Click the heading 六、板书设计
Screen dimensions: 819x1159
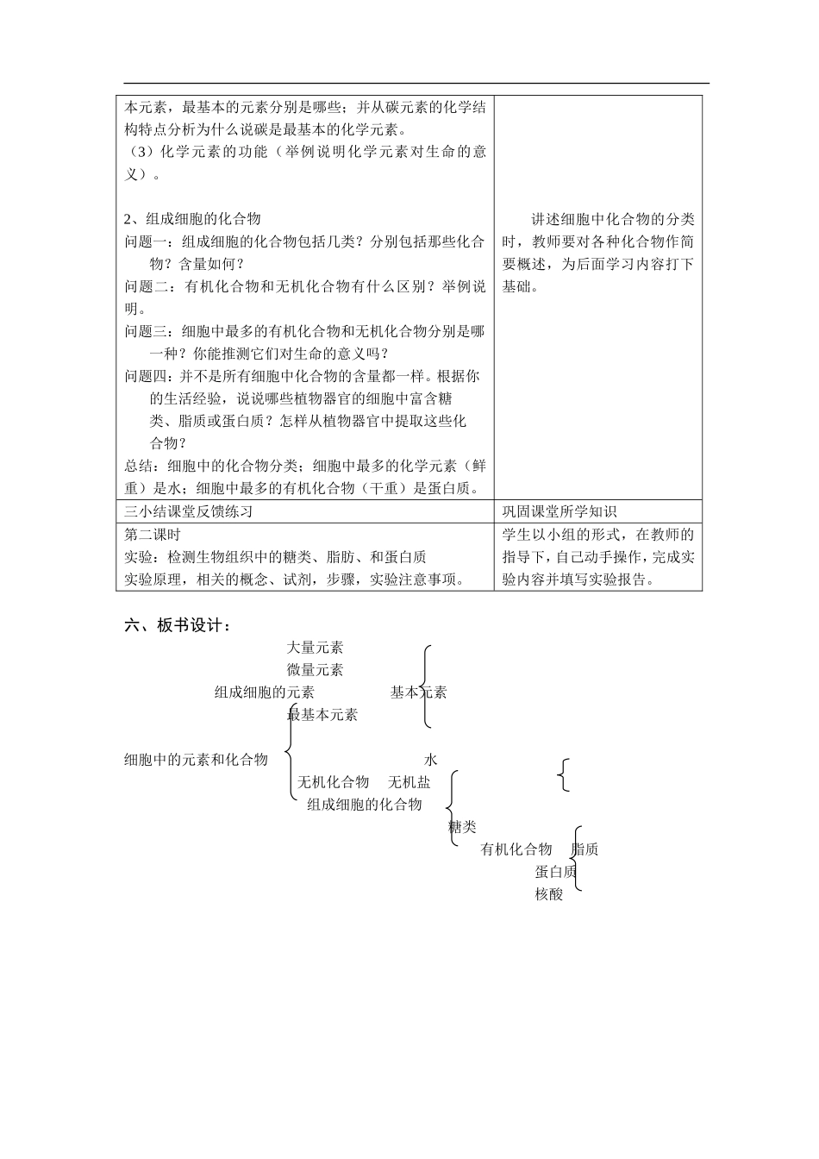click(x=178, y=626)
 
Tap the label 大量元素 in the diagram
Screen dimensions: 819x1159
click(x=315, y=648)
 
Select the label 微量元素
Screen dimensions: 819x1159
click(x=315, y=670)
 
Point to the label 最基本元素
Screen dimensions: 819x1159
click(x=322, y=715)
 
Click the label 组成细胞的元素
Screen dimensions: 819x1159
click(x=265, y=692)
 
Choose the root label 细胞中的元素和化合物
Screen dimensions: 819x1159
click(x=197, y=760)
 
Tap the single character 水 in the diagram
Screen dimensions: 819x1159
click(x=431, y=760)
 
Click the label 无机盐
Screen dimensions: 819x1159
click(x=409, y=782)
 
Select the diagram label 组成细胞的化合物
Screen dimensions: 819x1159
click(x=365, y=805)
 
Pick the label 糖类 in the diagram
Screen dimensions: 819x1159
click(x=463, y=827)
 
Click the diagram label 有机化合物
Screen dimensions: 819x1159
click(x=516, y=849)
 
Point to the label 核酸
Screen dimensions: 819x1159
click(x=549, y=894)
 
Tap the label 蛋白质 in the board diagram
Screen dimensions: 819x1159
click(x=555, y=872)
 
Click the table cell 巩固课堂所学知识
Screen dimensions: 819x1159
click(x=560, y=511)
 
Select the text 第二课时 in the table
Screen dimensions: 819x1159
click(x=153, y=535)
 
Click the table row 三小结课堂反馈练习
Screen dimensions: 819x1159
click(x=189, y=511)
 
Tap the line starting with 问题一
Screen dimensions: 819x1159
click(x=304, y=242)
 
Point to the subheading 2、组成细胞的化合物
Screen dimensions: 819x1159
click(x=192, y=219)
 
